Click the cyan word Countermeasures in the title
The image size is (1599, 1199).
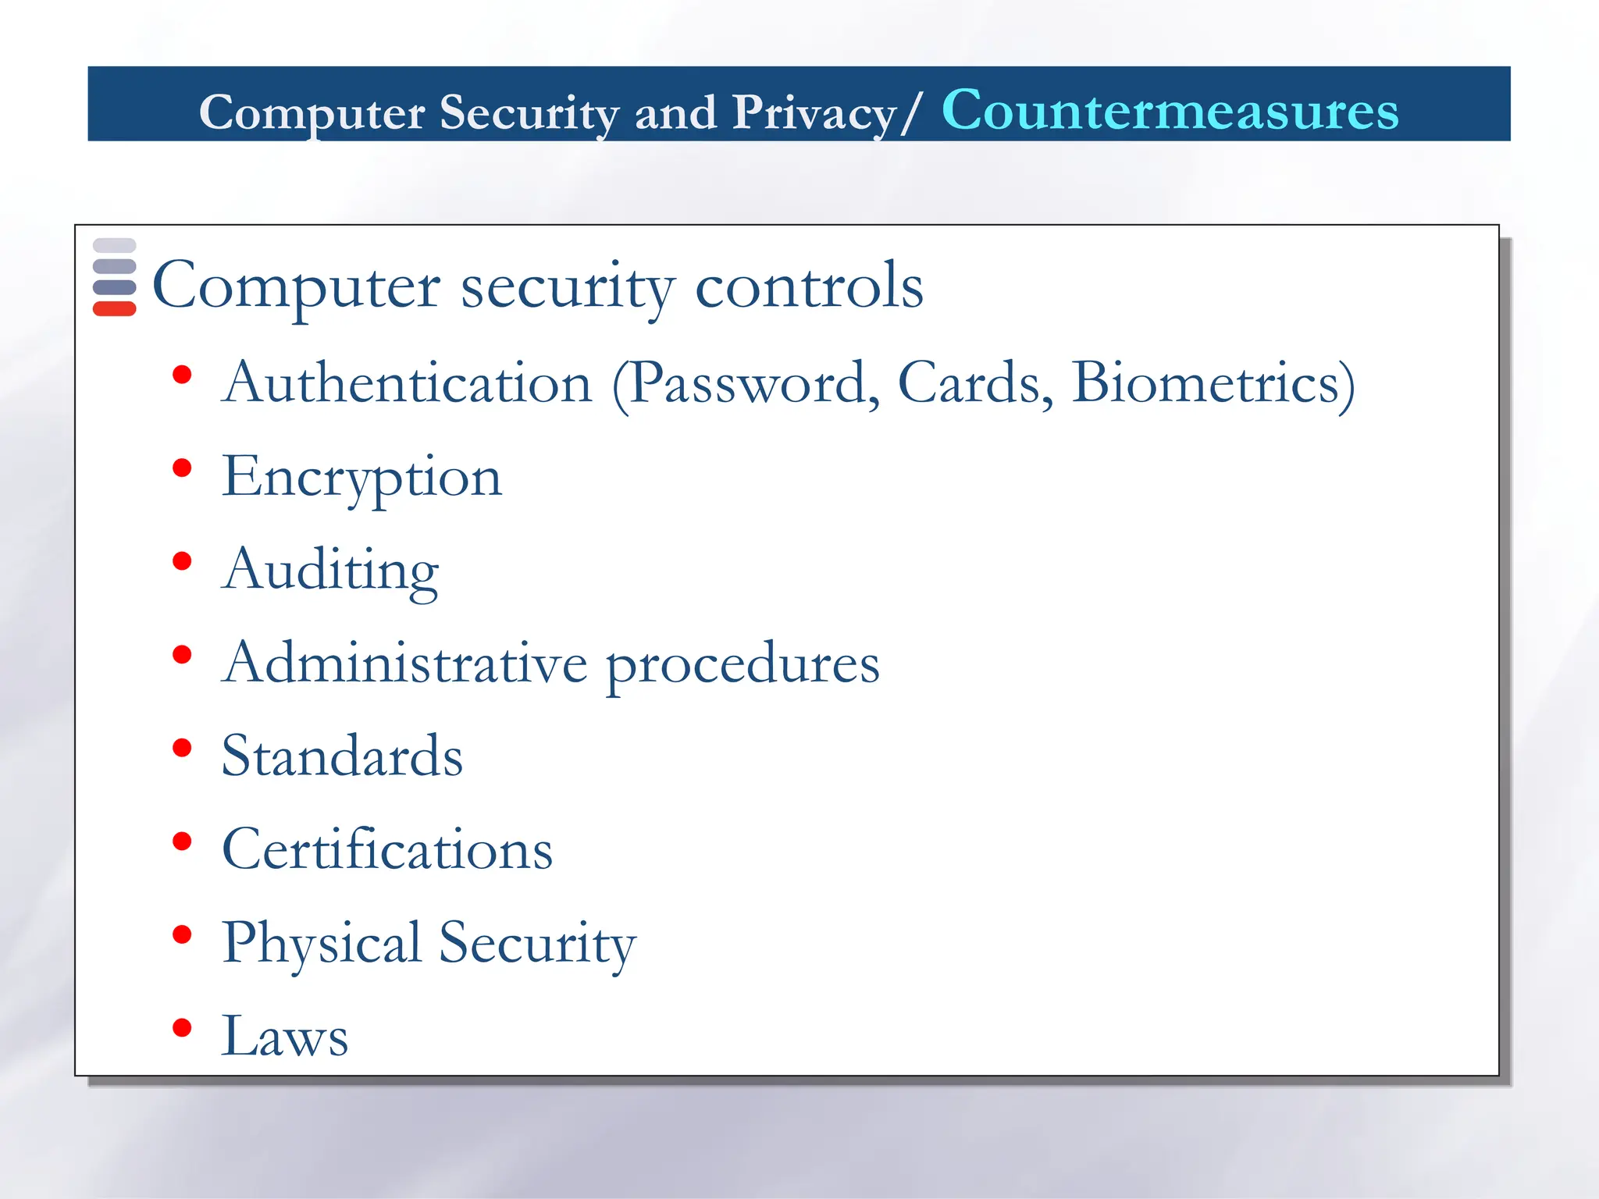click(1170, 110)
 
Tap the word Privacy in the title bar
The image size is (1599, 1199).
click(814, 113)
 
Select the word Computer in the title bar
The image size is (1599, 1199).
click(312, 113)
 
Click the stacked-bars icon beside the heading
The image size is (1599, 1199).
click(114, 277)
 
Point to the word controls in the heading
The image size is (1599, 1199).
click(809, 286)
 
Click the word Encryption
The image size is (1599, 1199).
click(361, 478)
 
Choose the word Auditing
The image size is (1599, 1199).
click(330, 571)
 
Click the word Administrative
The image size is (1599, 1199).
click(404, 663)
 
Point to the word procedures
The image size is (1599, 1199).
click(743, 666)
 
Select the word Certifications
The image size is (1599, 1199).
click(387, 849)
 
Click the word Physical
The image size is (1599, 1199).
click(322, 944)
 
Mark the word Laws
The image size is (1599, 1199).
click(285, 1036)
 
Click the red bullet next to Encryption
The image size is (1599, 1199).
click(182, 468)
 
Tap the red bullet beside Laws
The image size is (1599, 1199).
click(182, 1027)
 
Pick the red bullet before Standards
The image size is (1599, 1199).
click(182, 748)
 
